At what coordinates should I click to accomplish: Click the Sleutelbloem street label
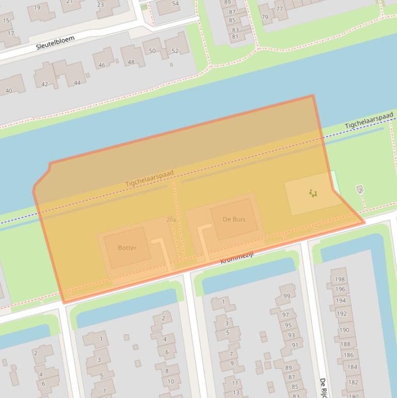55,42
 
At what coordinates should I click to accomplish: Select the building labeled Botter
127,248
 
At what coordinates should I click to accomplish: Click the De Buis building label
234,219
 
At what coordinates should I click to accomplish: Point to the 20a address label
171,220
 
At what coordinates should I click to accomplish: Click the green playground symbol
313,193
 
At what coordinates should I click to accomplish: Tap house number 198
339,280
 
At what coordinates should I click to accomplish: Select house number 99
287,296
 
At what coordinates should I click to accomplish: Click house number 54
175,4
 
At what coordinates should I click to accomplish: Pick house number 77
279,9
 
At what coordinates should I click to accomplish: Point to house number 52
175,51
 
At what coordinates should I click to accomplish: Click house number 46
102,65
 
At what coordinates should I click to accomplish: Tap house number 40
8,91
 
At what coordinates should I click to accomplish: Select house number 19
37,8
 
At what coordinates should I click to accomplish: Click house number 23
100,5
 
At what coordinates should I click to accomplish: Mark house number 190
344,330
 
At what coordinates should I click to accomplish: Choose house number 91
294,345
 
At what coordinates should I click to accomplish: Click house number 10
170,381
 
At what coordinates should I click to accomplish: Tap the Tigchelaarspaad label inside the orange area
149,179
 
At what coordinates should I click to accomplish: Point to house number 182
352,382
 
